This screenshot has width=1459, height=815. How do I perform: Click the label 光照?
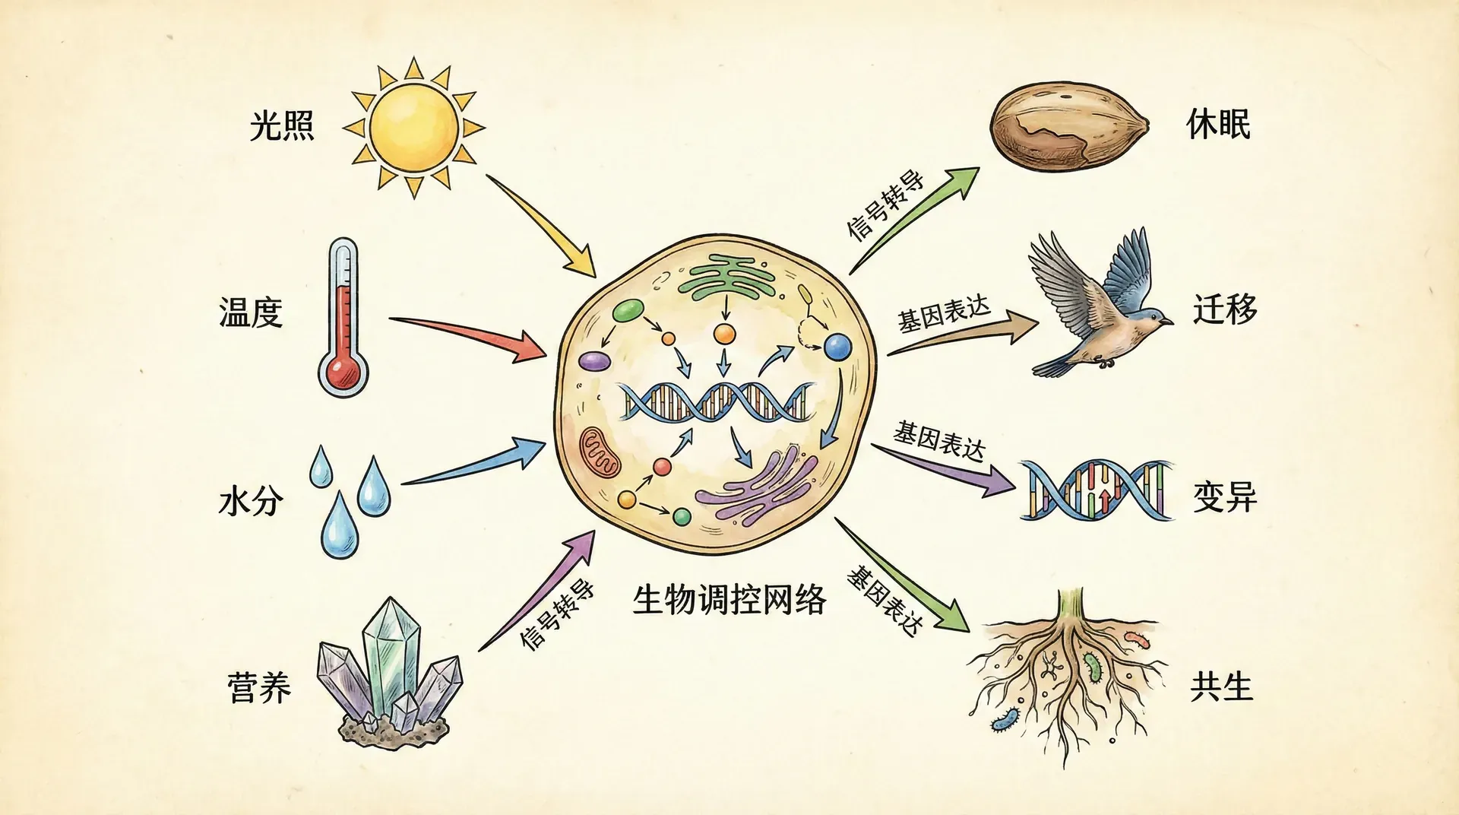(282, 125)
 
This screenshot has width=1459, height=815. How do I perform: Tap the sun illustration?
(413, 126)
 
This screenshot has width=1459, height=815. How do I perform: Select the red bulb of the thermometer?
(343, 372)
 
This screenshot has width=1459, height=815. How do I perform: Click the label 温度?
(251, 312)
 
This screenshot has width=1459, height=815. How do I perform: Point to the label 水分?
(251, 501)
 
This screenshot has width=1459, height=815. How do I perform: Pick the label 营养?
(259, 688)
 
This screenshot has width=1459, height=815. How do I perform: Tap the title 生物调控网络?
(729, 600)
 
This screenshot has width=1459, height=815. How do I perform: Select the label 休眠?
(1218, 125)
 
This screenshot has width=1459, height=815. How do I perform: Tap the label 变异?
(1225, 498)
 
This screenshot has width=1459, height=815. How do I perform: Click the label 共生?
(1221, 687)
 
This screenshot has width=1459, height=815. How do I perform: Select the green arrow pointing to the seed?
(912, 220)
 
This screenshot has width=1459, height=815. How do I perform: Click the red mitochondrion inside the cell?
(600, 453)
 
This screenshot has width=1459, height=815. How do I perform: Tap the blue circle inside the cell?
(837, 347)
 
